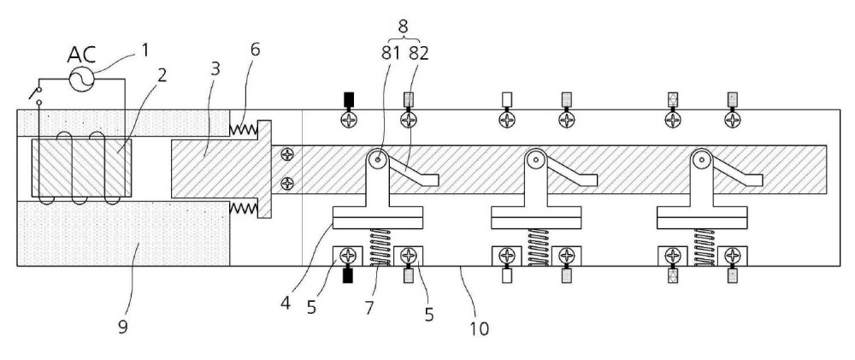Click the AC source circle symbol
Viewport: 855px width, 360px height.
click(x=82, y=79)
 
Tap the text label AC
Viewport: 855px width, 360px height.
click(x=82, y=55)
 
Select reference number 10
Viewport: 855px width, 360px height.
click(x=476, y=328)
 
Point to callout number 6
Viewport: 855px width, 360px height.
click(x=255, y=50)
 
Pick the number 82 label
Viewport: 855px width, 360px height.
click(x=419, y=54)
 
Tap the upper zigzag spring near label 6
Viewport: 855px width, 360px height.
click(x=243, y=129)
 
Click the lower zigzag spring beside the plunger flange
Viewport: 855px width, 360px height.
click(x=243, y=208)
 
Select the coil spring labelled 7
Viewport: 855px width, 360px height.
click(x=380, y=247)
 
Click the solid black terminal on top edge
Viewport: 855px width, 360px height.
click(x=349, y=99)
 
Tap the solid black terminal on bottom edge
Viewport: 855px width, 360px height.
click(x=348, y=276)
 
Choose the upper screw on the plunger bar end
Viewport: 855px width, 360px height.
click(x=286, y=155)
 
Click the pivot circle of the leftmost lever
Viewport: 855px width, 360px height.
click(x=377, y=160)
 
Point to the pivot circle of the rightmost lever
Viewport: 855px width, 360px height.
click(x=701, y=160)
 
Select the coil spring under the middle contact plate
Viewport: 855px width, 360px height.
click(x=538, y=247)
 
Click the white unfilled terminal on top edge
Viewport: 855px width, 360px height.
click(x=507, y=99)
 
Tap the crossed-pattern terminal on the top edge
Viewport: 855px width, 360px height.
click(x=674, y=99)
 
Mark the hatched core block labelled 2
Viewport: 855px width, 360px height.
click(x=81, y=168)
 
